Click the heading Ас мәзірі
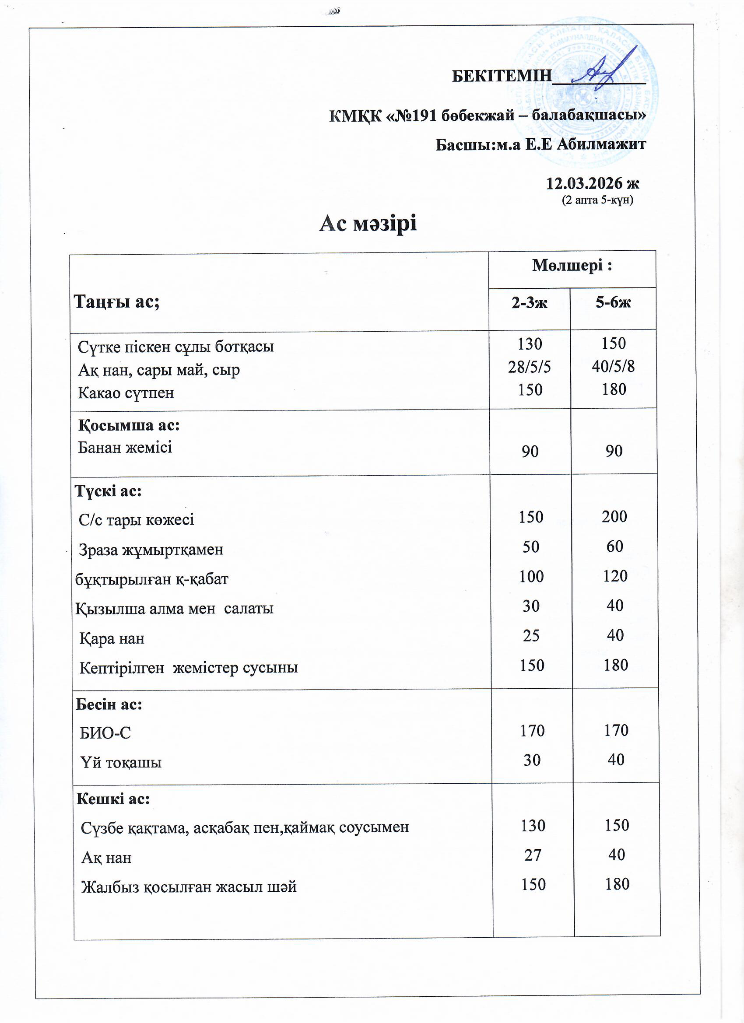[x=368, y=223]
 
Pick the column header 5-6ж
[x=613, y=302]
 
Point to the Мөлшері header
[x=572, y=266]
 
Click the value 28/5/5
[x=529, y=367]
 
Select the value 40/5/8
[x=613, y=366]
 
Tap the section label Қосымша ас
[x=129, y=425]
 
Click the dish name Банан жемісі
[x=125, y=448]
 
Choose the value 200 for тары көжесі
[x=614, y=516]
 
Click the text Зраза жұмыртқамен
[x=151, y=550]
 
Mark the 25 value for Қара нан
[x=531, y=635]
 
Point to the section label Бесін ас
[x=109, y=704]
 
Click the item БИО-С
[x=105, y=733]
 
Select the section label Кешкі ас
[x=113, y=799]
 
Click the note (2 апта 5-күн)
[x=597, y=200]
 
